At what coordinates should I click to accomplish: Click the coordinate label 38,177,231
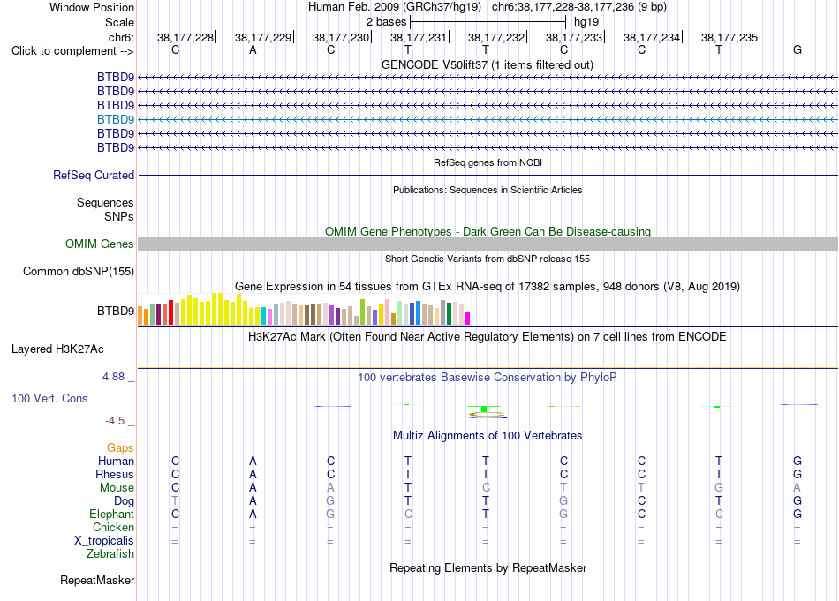418,37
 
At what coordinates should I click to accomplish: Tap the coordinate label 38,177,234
651,37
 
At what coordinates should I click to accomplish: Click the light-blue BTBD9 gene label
116,119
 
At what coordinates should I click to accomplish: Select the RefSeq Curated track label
94,175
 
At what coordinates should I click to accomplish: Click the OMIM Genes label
100,244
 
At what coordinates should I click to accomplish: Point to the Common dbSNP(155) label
79,271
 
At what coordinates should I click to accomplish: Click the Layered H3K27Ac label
57,349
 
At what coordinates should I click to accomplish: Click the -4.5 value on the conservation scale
115,421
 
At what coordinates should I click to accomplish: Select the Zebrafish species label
110,553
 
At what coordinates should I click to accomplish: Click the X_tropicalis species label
104,541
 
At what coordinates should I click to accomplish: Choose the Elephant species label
112,514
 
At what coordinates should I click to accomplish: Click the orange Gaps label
120,447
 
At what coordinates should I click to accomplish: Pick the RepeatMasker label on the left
97,580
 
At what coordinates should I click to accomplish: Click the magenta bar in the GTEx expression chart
468,318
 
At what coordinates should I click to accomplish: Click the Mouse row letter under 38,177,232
486,488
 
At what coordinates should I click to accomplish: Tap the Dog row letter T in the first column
175,501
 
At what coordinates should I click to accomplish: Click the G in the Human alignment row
797,461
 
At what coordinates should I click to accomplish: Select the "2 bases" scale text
386,22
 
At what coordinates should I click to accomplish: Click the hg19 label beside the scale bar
586,22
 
